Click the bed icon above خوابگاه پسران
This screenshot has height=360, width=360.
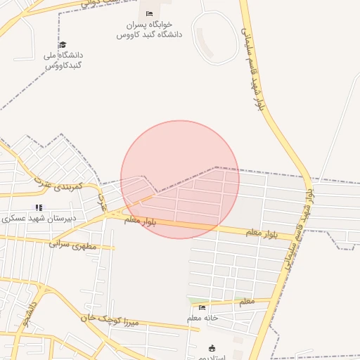(149, 13)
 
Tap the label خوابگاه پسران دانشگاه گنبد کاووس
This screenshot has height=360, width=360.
(149, 29)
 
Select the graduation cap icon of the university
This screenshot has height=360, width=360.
(63, 45)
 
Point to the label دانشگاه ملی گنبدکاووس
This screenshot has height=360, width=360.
(63, 60)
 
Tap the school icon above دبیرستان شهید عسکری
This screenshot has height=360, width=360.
(39, 207)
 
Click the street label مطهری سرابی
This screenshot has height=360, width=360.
(83, 245)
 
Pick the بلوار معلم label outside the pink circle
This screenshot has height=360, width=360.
(262, 232)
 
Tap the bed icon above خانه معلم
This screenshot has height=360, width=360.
(202, 307)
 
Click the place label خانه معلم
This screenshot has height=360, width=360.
(203, 319)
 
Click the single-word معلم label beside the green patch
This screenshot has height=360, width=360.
(247, 302)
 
